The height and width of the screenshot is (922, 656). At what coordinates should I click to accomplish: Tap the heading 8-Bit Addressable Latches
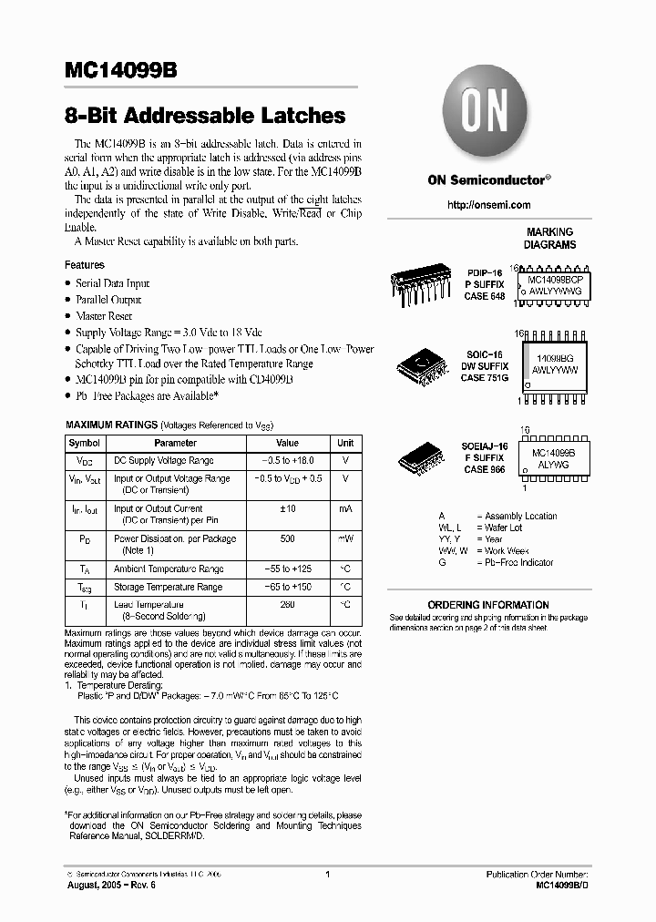(x=205, y=117)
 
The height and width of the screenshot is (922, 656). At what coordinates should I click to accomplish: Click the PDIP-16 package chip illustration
(x=421, y=283)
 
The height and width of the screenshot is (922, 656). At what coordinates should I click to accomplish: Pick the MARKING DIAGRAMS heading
(x=549, y=239)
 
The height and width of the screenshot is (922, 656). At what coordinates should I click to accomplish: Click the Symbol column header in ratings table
(x=85, y=443)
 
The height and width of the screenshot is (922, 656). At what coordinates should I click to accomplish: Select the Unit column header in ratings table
(x=345, y=443)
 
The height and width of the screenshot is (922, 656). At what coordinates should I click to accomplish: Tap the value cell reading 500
(x=287, y=538)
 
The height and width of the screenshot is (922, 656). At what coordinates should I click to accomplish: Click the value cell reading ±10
(x=287, y=508)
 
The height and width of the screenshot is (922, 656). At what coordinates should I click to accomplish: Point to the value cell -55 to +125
(x=287, y=568)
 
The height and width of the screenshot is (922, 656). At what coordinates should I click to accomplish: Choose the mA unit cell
(x=345, y=508)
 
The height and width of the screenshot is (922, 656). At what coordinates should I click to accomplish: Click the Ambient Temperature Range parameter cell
(x=168, y=568)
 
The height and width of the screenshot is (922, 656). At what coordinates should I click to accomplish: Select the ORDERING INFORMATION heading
(x=487, y=605)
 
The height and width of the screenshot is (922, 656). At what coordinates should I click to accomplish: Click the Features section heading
(x=84, y=265)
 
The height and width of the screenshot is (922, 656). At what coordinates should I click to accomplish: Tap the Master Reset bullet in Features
(x=104, y=316)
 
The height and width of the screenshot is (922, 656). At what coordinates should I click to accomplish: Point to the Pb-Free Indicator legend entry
(x=519, y=563)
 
